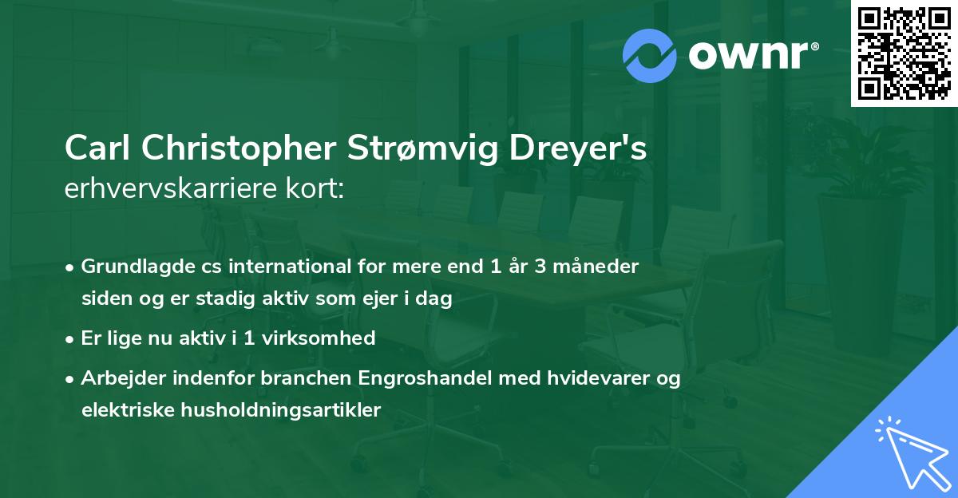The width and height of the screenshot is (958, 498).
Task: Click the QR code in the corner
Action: pos(904,53)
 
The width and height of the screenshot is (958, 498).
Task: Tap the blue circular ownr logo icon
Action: pos(650,55)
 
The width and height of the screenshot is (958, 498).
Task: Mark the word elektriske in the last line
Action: pos(123,410)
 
